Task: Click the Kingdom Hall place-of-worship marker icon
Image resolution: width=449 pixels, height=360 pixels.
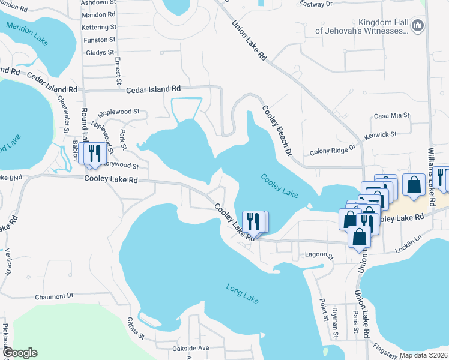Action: click(419, 25)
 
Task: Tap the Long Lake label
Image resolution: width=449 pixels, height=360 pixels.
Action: click(242, 294)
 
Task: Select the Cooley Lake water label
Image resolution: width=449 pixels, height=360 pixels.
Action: click(279, 186)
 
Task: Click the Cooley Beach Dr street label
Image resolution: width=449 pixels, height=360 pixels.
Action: click(276, 130)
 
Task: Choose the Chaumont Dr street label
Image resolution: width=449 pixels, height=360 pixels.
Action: click(53, 295)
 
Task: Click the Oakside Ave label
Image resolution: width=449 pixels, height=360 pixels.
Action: click(190, 348)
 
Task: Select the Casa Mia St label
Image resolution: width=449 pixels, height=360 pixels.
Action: click(391, 115)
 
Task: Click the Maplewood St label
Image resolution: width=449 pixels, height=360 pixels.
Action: click(119, 112)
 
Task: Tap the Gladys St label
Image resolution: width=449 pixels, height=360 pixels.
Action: click(100, 53)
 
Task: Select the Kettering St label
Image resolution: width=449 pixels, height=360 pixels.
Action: click(99, 28)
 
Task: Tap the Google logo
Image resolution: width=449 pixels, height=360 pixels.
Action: click(20, 353)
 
